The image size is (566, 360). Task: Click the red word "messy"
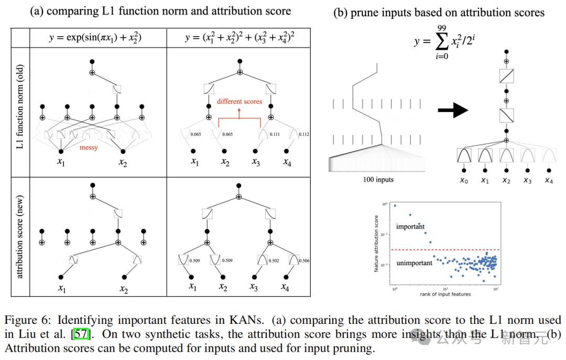[89, 148]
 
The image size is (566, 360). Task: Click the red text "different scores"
[240, 101]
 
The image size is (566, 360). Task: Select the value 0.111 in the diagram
[275, 135]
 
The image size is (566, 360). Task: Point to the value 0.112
[303, 135]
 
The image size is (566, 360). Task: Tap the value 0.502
[275, 260]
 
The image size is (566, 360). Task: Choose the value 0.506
[303, 260]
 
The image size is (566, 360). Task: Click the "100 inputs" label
[379, 180]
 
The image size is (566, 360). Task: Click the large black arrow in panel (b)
[452, 111]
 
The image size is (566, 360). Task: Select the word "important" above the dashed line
[410, 226]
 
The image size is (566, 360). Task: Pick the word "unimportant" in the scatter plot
[415, 263]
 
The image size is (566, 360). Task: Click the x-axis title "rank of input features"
[445, 294]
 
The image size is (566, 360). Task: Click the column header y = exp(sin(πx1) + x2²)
[96, 38]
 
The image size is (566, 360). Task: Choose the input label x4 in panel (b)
[548, 180]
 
